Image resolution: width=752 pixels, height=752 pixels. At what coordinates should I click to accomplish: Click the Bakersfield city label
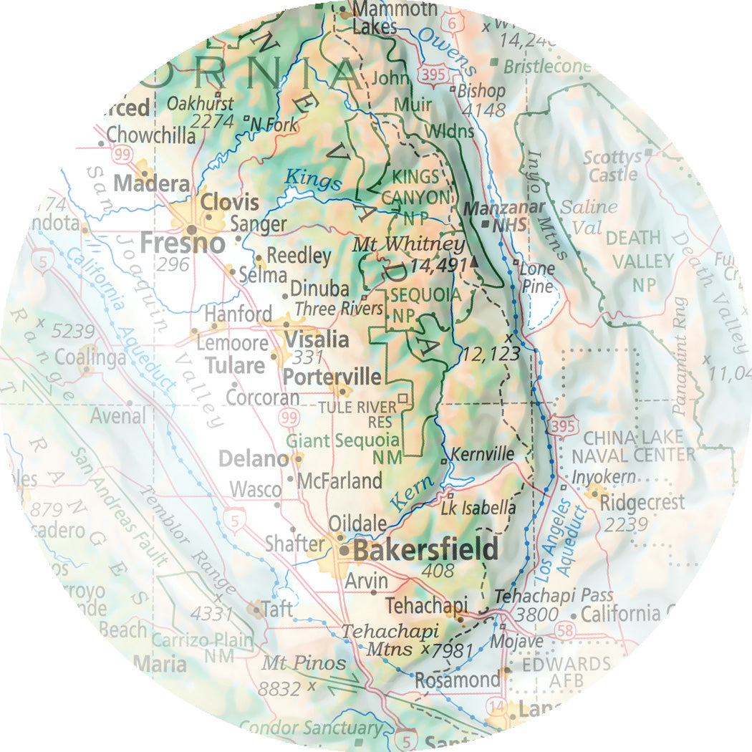pos(425,550)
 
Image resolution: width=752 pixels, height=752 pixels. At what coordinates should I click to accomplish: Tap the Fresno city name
pos(183,244)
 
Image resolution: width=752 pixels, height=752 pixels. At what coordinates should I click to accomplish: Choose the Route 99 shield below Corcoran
pos(288,418)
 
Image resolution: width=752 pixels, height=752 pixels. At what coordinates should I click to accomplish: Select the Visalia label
pos(317,339)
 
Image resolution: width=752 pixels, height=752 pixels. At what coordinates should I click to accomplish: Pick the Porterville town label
pos(332,376)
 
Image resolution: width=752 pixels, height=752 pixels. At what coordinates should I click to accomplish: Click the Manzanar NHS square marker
pos(487,223)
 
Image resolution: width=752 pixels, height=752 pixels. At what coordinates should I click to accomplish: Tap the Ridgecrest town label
pos(642,502)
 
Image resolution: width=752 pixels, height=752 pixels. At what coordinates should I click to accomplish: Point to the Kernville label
pos(483,454)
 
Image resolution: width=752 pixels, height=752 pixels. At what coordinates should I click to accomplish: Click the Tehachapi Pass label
pos(554,595)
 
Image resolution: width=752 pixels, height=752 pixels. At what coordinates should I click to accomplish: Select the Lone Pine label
pos(537,278)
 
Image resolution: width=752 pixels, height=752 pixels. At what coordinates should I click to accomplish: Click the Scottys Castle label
pos(612,166)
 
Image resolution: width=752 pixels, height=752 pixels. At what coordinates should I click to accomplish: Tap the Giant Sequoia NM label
pos(342,448)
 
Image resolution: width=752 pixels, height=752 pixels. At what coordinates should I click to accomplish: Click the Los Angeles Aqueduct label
pos(561,537)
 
